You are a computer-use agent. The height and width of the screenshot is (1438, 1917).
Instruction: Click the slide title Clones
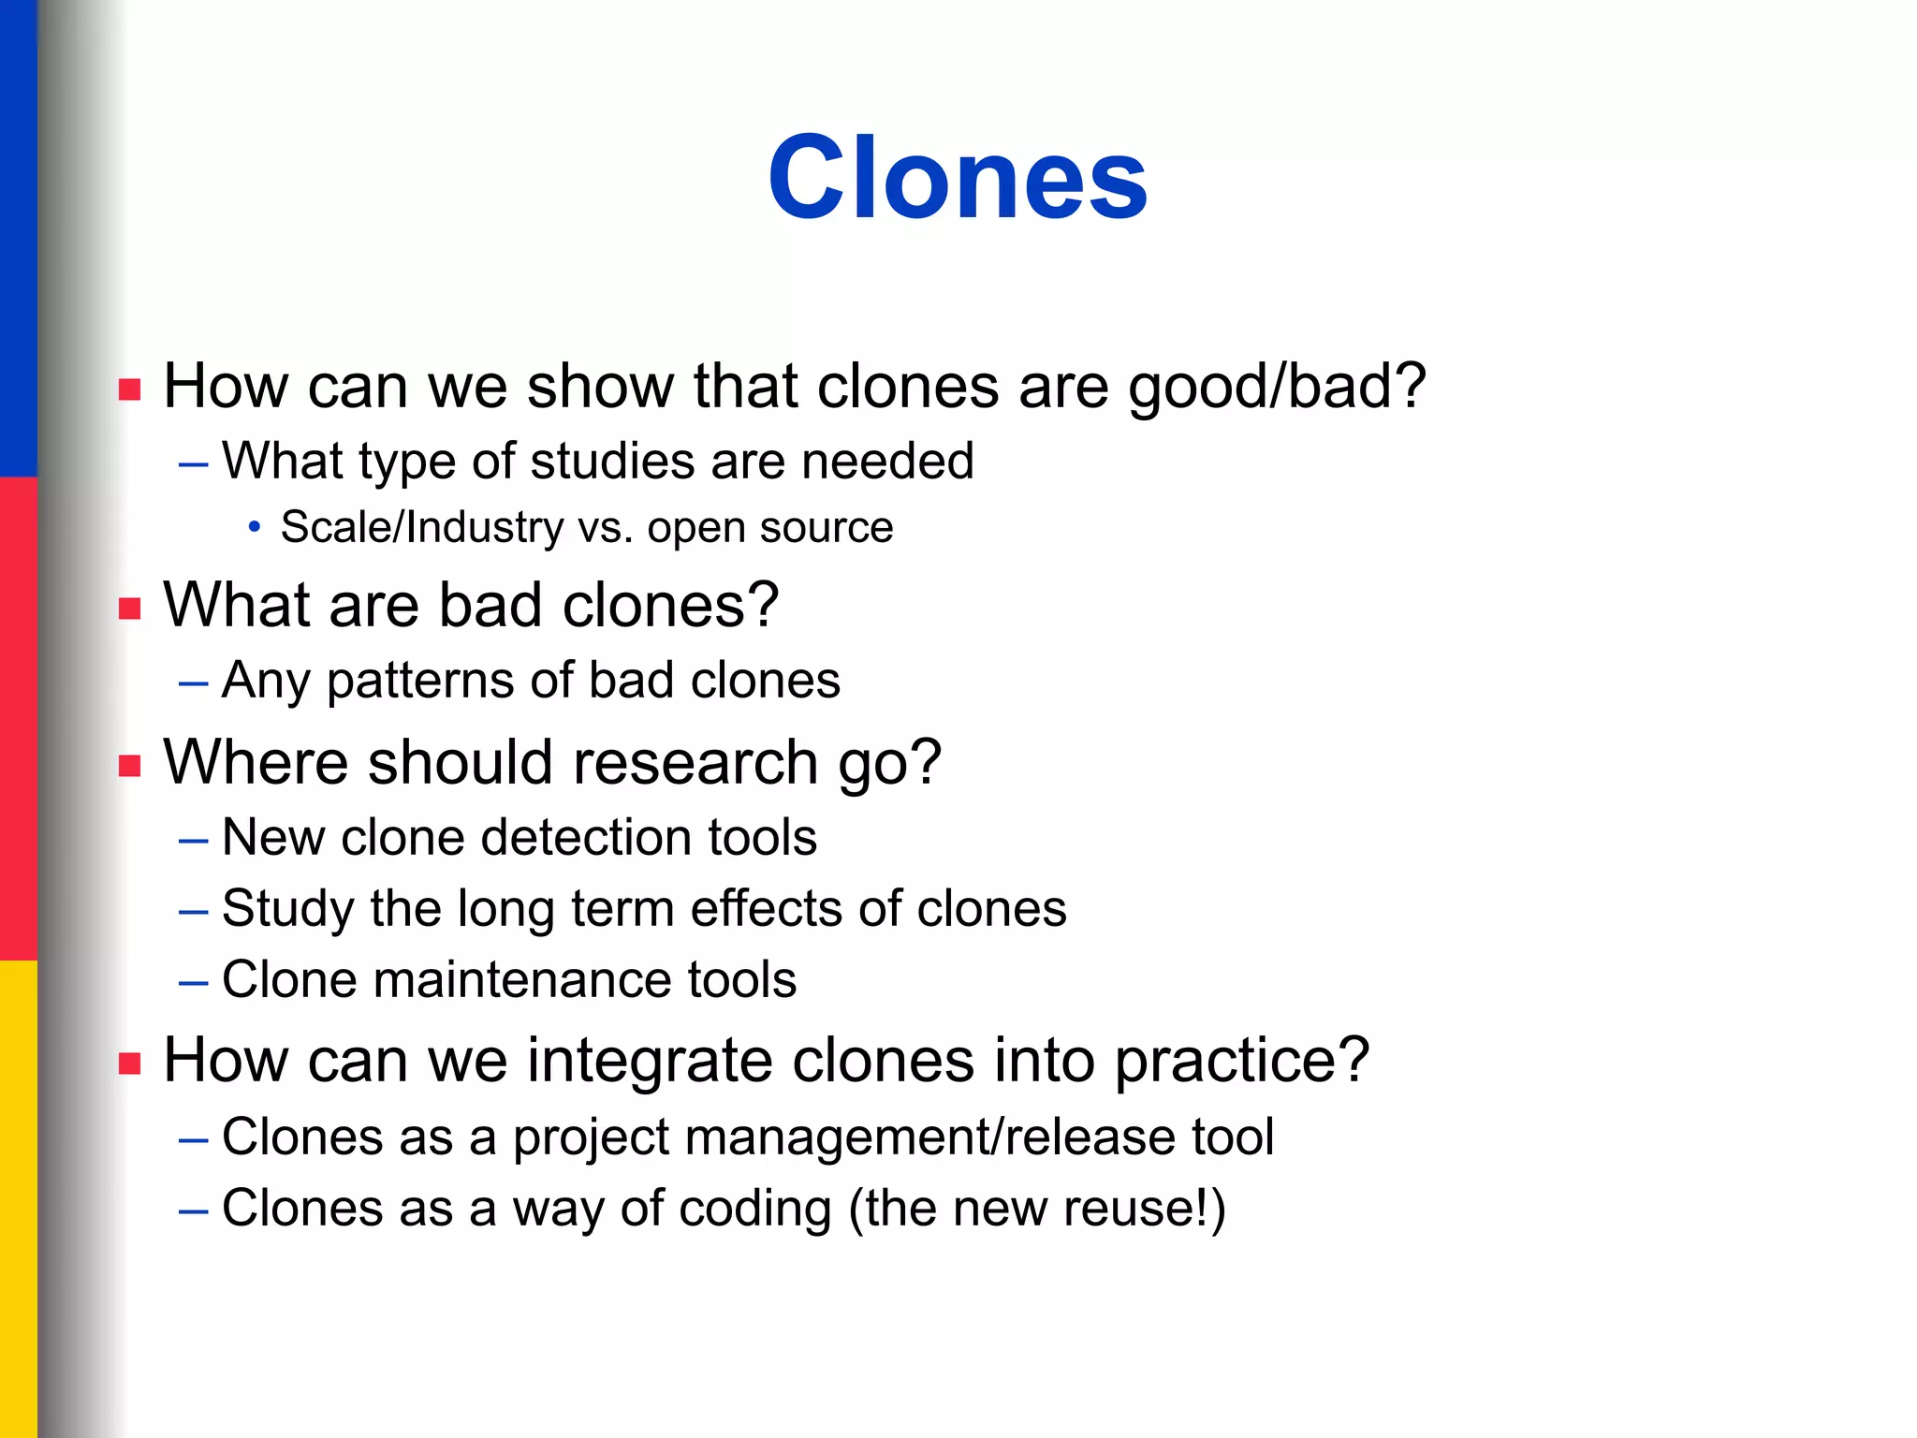(958, 177)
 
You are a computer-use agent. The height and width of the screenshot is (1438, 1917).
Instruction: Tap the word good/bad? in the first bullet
(1277, 388)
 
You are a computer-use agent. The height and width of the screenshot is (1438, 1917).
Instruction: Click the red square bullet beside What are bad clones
(130, 609)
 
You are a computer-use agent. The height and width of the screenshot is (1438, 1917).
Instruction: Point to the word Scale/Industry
(422, 528)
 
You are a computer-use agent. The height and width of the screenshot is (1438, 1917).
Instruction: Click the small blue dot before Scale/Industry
(255, 528)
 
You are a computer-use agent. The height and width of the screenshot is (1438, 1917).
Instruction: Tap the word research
(695, 761)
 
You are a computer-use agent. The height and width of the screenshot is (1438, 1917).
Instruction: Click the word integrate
(649, 1063)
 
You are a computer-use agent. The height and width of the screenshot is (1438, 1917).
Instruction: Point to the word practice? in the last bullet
(1243, 1063)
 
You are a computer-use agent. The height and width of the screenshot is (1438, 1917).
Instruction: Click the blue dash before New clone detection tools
(193, 841)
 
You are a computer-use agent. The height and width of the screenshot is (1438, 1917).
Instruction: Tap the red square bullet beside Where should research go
(130, 767)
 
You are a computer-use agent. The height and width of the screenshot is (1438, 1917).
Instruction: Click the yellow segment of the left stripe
(19, 1199)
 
